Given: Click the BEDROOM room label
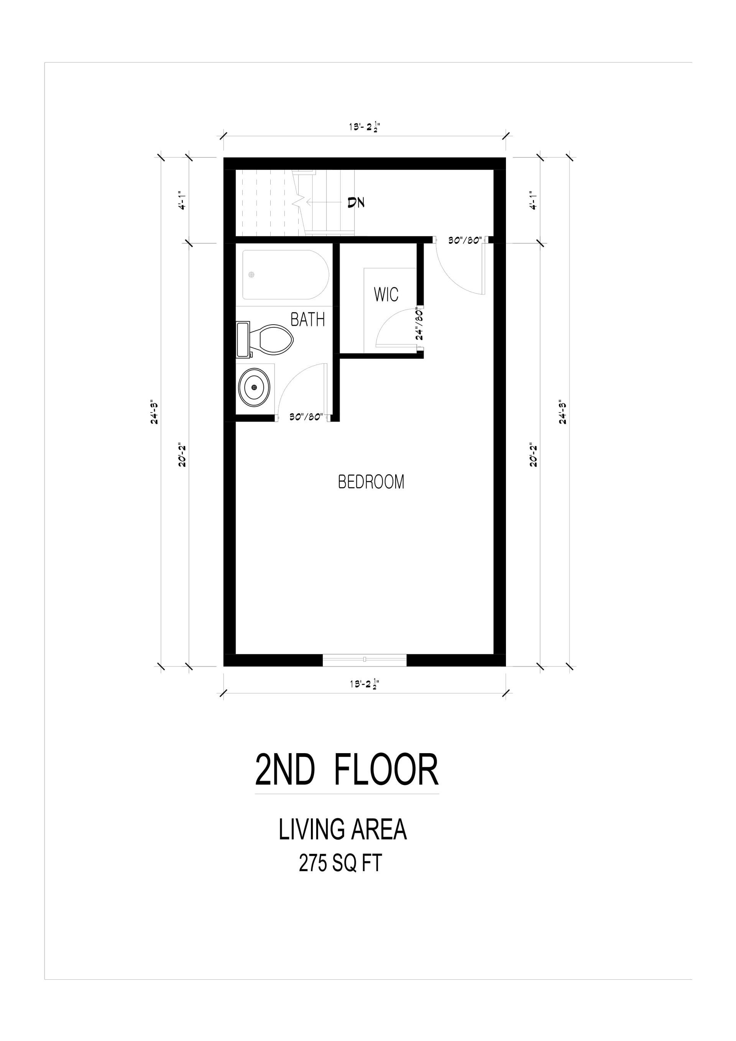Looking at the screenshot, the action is tap(371, 481).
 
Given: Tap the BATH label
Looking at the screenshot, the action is tap(307, 320).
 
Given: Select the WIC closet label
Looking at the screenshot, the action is tap(386, 294).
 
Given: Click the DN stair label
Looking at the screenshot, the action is tap(356, 202).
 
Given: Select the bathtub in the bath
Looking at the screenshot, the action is tap(286, 275).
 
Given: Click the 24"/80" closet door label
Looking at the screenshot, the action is tap(419, 325).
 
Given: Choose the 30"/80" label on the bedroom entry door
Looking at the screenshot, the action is tap(464, 241).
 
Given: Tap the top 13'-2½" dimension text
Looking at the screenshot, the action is tap(364, 127).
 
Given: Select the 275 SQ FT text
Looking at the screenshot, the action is tap(340, 864).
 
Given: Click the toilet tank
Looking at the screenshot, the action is tap(243, 339).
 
